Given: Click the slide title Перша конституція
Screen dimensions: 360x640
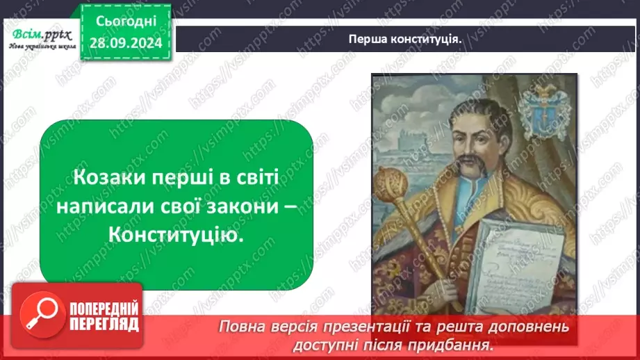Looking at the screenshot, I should click(406, 39).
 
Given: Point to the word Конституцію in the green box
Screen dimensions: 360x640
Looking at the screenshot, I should click(177, 236).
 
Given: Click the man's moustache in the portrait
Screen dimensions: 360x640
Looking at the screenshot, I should click(465, 167).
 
